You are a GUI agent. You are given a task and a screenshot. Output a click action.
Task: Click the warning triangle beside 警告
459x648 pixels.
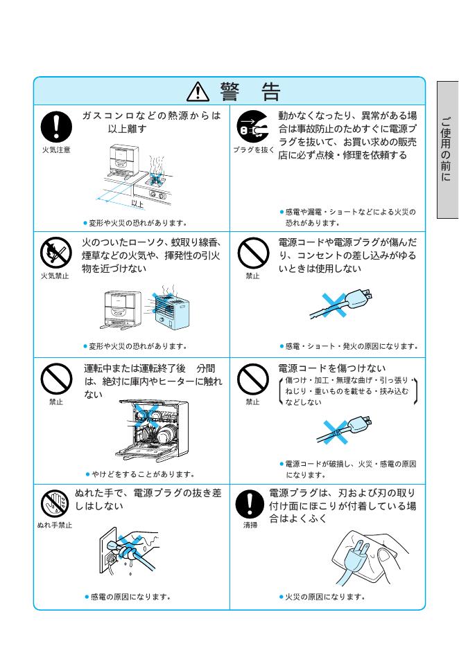pyautogui.click(x=198, y=91)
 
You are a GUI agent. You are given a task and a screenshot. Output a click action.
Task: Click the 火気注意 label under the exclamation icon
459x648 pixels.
pyautogui.click(x=56, y=150)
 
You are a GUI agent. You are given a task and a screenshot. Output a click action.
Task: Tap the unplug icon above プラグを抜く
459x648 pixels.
pyautogui.click(x=252, y=127)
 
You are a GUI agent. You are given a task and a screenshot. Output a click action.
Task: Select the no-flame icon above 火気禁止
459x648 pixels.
pyautogui.click(x=56, y=253)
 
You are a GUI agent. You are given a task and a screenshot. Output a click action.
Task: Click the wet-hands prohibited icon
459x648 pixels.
pyautogui.click(x=55, y=503)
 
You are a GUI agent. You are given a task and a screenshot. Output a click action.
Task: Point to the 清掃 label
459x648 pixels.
pyautogui.click(x=250, y=525)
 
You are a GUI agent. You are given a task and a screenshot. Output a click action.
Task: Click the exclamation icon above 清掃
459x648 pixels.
pyautogui.click(x=250, y=504)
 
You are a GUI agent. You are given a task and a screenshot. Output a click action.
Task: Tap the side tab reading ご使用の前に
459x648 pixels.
pyautogui.click(x=447, y=150)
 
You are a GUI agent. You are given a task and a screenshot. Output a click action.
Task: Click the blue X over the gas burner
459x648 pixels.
pyautogui.click(x=157, y=179)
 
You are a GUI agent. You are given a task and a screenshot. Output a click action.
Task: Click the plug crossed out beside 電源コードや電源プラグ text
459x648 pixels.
pyautogui.click(x=341, y=305)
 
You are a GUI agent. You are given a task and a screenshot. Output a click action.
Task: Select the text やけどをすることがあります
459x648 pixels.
pyautogui.click(x=144, y=474)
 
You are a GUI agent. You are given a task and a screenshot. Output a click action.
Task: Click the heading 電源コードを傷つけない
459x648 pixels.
pyautogui.click(x=332, y=368)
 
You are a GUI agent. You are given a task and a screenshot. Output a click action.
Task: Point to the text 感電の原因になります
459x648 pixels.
pyautogui.click(x=130, y=597)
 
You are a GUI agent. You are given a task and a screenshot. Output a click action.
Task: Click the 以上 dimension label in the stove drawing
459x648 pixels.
pyautogui.click(x=137, y=204)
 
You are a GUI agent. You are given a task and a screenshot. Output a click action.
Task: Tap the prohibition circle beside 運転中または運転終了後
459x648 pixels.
pyautogui.click(x=56, y=379)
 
